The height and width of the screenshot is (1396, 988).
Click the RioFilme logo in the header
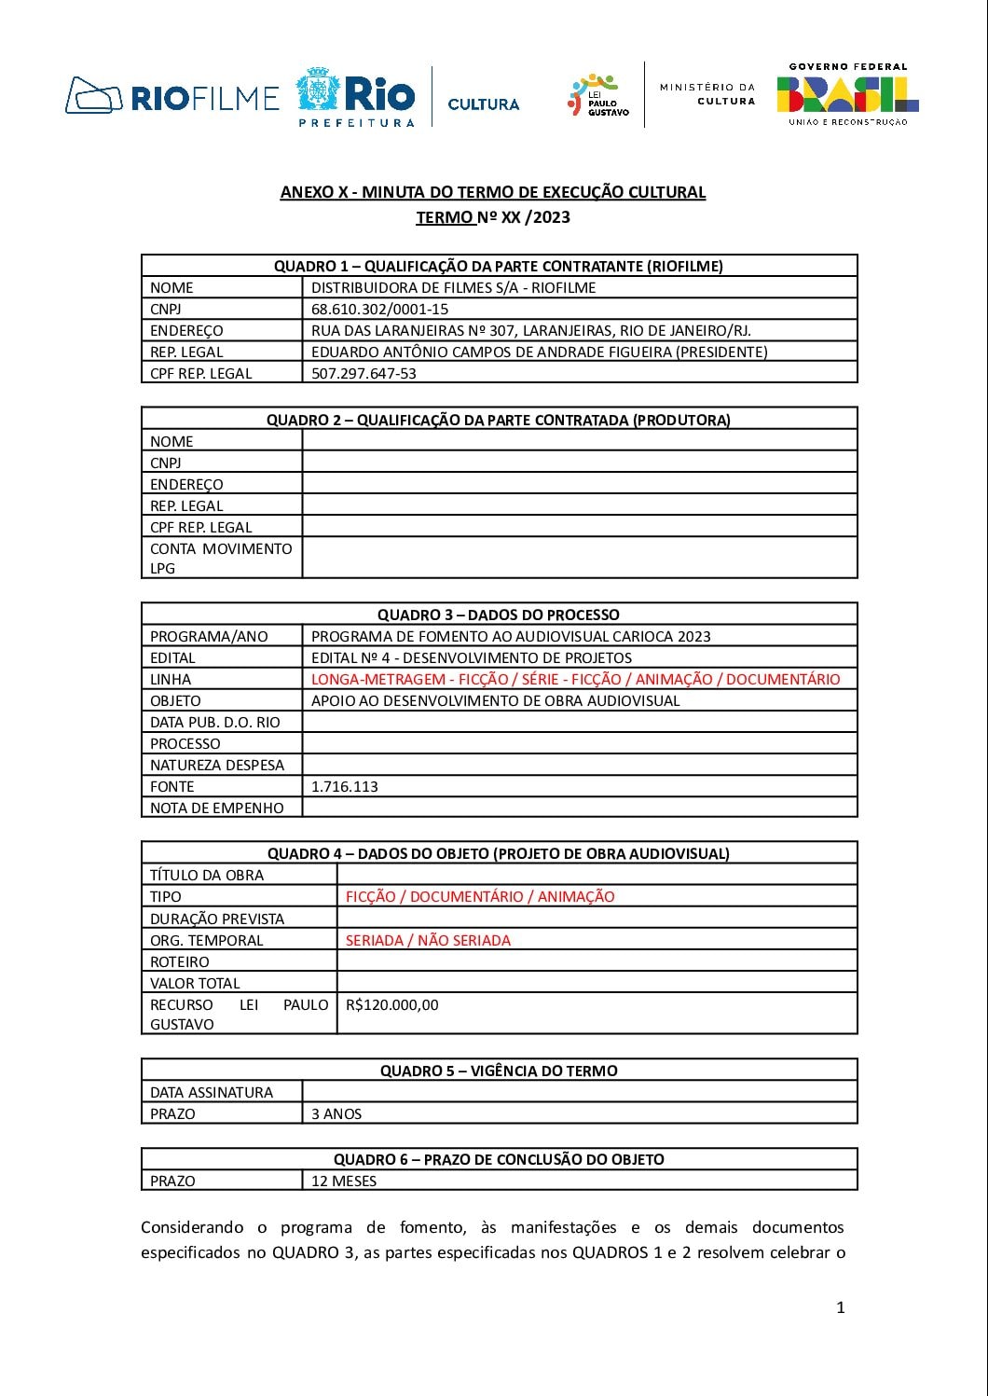pos(172,96)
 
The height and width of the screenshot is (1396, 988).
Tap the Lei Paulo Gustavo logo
pos(597,96)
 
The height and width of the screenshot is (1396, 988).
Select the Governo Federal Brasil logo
pos(847,94)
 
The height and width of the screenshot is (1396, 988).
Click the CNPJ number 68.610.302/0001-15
pos(379,309)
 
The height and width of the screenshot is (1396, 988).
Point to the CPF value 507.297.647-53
pos(364,373)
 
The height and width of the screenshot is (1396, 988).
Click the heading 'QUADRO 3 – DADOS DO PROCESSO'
pos(499,615)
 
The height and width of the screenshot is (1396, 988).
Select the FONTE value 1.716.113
pos(345,786)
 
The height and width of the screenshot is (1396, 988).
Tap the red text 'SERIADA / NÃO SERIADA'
pos(428,940)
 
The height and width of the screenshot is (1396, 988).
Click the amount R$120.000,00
pos(391,1004)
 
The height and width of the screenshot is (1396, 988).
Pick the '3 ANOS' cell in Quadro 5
pos(336,1113)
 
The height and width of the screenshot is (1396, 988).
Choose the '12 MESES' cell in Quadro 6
pos(344,1181)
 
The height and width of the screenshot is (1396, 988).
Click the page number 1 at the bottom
pos(840,1307)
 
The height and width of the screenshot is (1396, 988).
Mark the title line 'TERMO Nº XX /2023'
pos(493,217)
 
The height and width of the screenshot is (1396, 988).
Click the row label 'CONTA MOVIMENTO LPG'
pos(221,558)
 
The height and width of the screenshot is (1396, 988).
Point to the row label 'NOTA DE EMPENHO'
pos(217,808)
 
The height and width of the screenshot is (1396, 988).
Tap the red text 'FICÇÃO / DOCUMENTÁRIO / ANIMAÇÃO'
pos(480,896)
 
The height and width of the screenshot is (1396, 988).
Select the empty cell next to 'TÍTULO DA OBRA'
pos(597,875)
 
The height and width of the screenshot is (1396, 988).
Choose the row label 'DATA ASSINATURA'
pos(212,1092)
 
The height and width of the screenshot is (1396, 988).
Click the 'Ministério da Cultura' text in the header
pos(707,93)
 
